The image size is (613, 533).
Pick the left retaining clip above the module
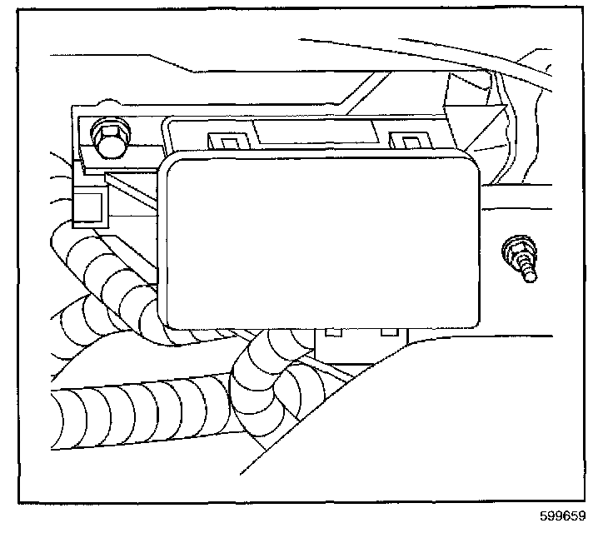(224, 142)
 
